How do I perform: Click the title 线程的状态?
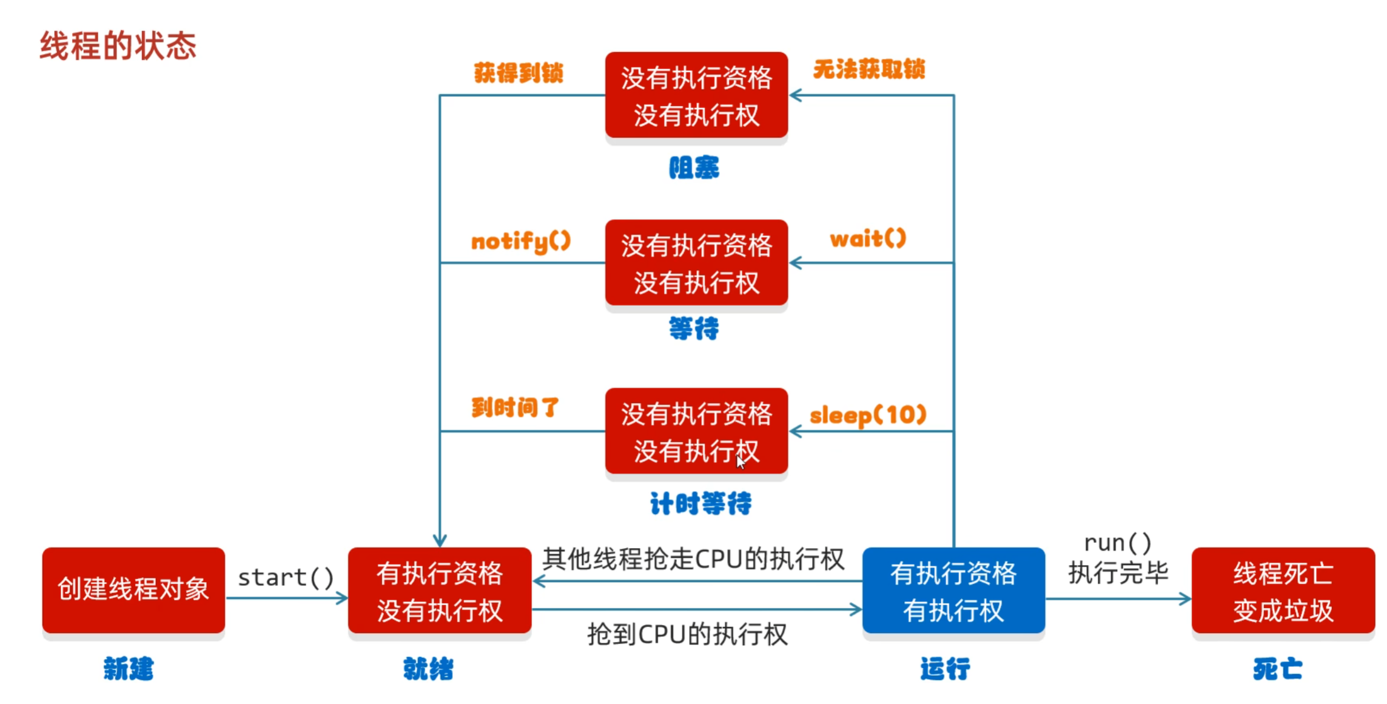tap(118, 46)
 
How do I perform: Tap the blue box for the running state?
tap(953, 591)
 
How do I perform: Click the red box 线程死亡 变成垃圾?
tap(1283, 591)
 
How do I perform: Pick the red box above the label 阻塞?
tap(696, 95)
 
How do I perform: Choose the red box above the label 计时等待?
tap(696, 432)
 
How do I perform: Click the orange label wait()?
tap(868, 239)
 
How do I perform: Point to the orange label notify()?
tap(521, 242)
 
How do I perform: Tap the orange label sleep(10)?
tap(868, 416)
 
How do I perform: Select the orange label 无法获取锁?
tap(868, 69)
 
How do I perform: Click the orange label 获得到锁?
tap(519, 73)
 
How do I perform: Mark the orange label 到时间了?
tap(516, 407)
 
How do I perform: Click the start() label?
tap(286, 578)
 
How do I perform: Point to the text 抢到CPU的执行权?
tap(687, 635)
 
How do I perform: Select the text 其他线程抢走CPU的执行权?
tap(693, 559)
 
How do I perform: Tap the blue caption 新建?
tap(129, 669)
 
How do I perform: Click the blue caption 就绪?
tap(428, 669)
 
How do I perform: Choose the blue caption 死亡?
tap(1277, 669)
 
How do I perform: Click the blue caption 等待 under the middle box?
tap(694, 328)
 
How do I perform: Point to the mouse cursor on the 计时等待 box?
tap(741, 462)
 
